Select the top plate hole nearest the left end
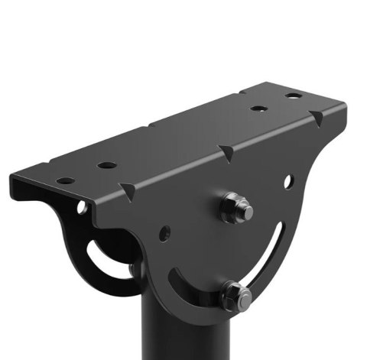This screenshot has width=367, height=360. pyautogui.click(x=67, y=181)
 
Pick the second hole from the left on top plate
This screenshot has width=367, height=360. pyautogui.click(x=106, y=164)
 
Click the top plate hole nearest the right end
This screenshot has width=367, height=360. pyautogui.click(x=294, y=97)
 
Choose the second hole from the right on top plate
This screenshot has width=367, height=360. pyautogui.click(x=258, y=109)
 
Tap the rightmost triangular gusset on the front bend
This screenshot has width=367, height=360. pyautogui.click(x=314, y=119)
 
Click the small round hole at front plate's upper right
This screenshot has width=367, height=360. pyautogui.click(x=287, y=182)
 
